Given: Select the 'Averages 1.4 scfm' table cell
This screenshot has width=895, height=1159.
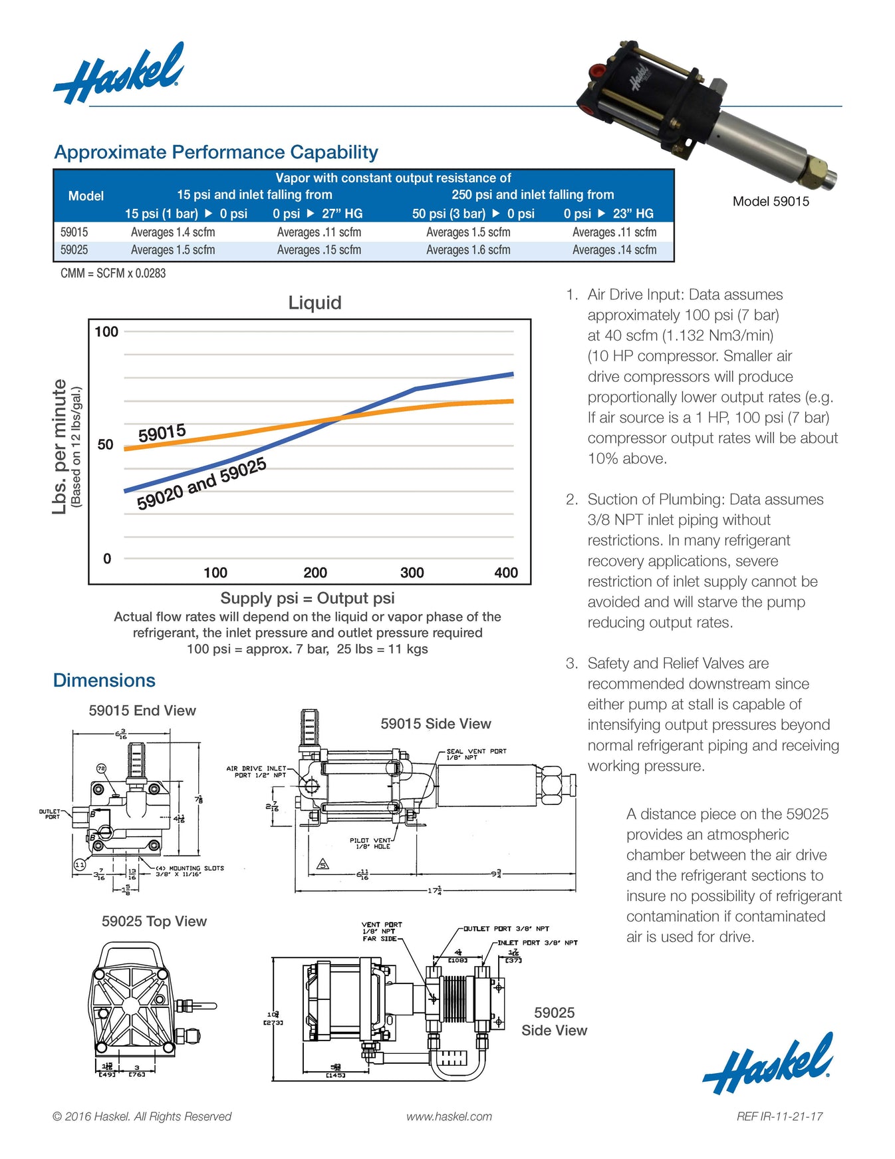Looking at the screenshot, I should (x=173, y=232).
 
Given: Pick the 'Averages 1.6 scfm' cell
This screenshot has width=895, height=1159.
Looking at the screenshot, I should (x=468, y=250).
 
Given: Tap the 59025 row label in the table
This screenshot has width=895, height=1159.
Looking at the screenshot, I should (x=74, y=250).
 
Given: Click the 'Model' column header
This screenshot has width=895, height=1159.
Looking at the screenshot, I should (x=86, y=196).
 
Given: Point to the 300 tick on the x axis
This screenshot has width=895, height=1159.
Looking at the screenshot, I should (x=412, y=572).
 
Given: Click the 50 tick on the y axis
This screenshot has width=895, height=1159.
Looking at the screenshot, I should (x=105, y=444).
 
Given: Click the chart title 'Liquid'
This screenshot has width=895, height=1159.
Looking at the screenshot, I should (x=315, y=303).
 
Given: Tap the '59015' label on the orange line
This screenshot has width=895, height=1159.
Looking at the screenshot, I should (x=162, y=433).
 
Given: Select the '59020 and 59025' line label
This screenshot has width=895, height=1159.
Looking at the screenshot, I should (x=201, y=484).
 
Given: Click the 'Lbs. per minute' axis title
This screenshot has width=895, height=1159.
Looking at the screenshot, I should (x=60, y=446).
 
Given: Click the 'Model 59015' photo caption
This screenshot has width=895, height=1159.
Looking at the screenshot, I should (x=771, y=202).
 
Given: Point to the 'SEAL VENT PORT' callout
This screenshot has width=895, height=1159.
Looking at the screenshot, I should (x=476, y=754).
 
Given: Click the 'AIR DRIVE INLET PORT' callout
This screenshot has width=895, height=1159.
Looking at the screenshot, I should (x=257, y=772).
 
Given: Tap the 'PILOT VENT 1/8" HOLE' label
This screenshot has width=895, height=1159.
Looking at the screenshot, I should (x=370, y=844).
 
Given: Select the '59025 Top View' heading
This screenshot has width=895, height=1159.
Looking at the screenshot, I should (x=154, y=921).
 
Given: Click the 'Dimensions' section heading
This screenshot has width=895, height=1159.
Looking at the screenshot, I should (x=104, y=681).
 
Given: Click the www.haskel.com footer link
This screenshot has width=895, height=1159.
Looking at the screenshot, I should (x=449, y=1116).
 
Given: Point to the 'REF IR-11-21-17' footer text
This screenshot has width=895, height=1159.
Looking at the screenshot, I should (x=779, y=1116).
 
